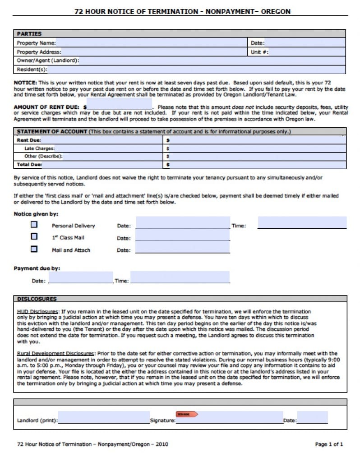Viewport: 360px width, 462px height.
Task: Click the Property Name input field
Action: click(x=152, y=43)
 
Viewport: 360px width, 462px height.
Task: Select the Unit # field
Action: click(x=307, y=52)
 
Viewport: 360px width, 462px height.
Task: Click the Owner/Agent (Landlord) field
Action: click(x=212, y=60)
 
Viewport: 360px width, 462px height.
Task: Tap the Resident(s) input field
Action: click(x=196, y=69)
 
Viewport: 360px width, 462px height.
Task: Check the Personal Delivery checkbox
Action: click(x=34, y=224)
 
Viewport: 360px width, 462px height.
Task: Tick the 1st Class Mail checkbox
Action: click(x=34, y=236)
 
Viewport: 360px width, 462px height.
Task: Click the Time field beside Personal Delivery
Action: click(x=302, y=222)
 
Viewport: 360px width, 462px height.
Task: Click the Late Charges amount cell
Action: click(x=257, y=148)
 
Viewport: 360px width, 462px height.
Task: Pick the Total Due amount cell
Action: click(x=257, y=165)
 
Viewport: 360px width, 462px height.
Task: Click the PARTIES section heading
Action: click(x=29, y=34)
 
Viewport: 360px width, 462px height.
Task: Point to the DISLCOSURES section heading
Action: click(x=37, y=299)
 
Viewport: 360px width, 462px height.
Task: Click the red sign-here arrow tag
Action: click(x=186, y=414)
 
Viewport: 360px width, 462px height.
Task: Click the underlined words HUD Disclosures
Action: click(x=37, y=312)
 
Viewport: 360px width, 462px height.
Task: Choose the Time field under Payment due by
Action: click(x=180, y=277)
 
